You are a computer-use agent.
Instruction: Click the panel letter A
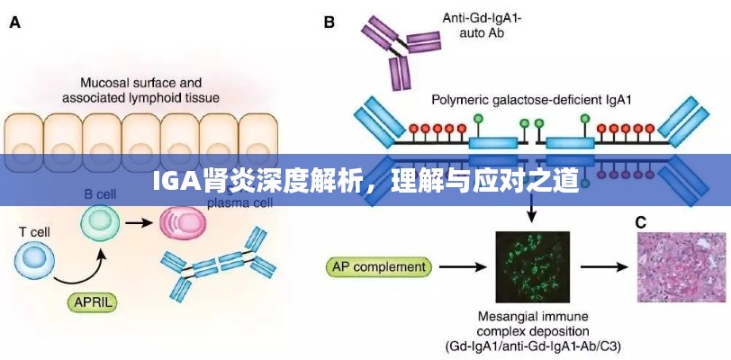click(x=16, y=25)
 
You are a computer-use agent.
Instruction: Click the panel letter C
click(x=640, y=221)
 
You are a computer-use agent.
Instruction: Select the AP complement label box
click(x=379, y=266)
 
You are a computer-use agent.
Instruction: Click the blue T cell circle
click(x=36, y=261)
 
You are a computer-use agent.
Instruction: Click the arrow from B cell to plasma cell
click(x=140, y=221)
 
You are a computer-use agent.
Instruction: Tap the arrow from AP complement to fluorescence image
click(x=462, y=266)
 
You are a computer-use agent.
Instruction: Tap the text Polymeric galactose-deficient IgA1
click(x=533, y=100)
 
